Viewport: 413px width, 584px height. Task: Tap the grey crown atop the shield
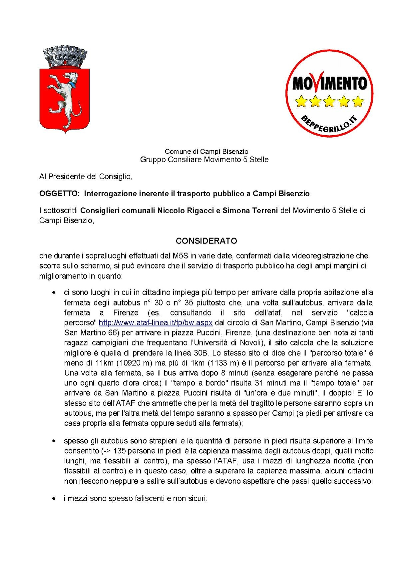pos(65,57)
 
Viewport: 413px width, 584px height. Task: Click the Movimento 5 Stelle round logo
pos(329,93)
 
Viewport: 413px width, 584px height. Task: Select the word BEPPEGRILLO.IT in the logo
pos(329,124)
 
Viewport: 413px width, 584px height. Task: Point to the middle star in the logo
pos(329,101)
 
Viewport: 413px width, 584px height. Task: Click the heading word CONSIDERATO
pos(206,241)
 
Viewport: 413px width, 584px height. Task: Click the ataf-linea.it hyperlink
pos(156,323)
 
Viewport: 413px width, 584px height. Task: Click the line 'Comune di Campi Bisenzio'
pos(206,152)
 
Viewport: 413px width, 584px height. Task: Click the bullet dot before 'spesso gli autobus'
pos(53,441)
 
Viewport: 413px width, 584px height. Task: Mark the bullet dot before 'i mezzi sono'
pos(53,499)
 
